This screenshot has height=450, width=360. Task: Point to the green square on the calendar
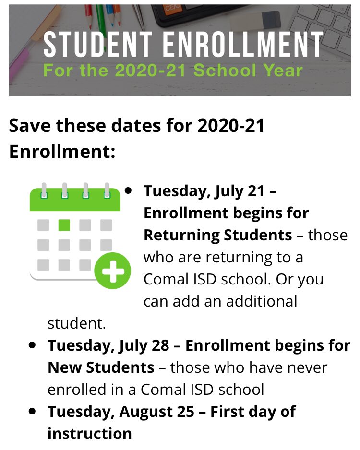pos(64,225)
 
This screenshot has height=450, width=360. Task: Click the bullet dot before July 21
pos(128,190)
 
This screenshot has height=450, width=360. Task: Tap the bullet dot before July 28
pos(32,345)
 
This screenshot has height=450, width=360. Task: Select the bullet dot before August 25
pos(32,411)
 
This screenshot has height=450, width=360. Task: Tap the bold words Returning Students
pos(217,235)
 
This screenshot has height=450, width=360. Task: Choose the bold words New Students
pos(101,367)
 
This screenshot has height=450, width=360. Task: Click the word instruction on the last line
pos(89,434)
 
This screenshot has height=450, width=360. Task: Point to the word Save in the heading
pos(29,126)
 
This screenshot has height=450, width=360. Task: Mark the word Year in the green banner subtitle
pos(280,70)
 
